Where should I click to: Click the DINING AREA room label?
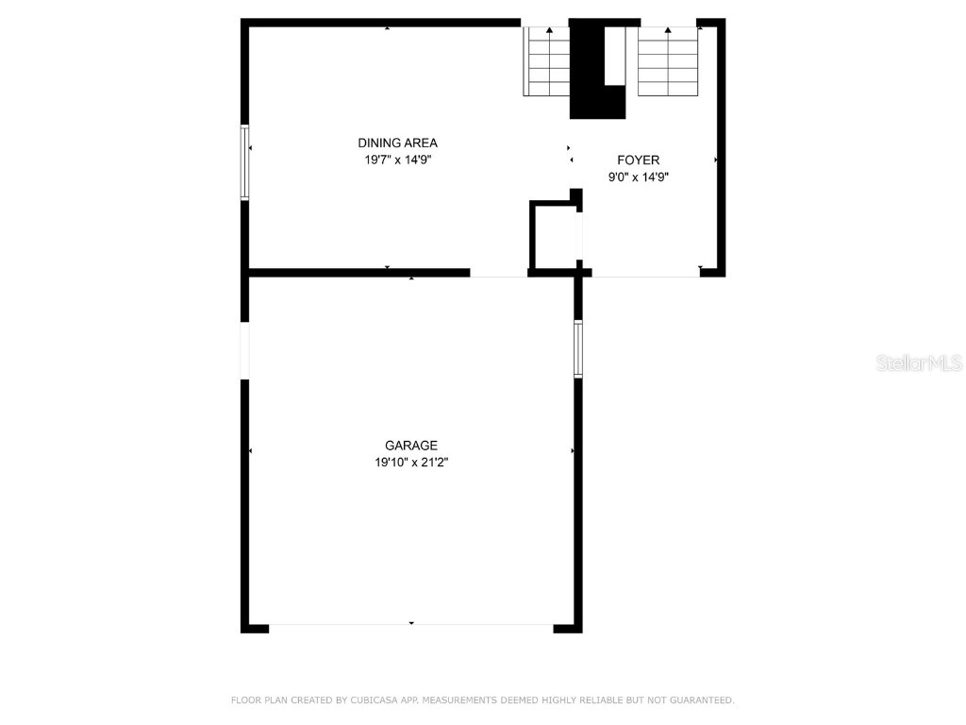pyautogui.click(x=397, y=143)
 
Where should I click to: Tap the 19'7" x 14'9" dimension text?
pyautogui.click(x=397, y=160)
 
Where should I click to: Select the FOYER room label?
pyautogui.click(x=639, y=160)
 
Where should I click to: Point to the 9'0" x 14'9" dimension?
pyautogui.click(x=639, y=177)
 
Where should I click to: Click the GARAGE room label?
pyautogui.click(x=411, y=446)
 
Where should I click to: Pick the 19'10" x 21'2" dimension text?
pyautogui.click(x=411, y=463)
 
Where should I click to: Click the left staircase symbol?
pyautogui.click(x=547, y=62)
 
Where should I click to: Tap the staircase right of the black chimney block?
pyautogui.click(x=668, y=62)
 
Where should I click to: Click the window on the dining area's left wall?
pyautogui.click(x=245, y=162)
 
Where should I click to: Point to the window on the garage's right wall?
pyautogui.click(x=578, y=349)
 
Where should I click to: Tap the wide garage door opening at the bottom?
pyautogui.click(x=411, y=625)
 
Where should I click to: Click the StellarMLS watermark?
pyautogui.click(x=919, y=363)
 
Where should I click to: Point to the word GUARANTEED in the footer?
pyautogui.click(x=699, y=700)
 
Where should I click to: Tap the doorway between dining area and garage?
pyautogui.click(x=498, y=274)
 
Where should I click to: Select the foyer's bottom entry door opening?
pyautogui.click(x=645, y=275)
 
